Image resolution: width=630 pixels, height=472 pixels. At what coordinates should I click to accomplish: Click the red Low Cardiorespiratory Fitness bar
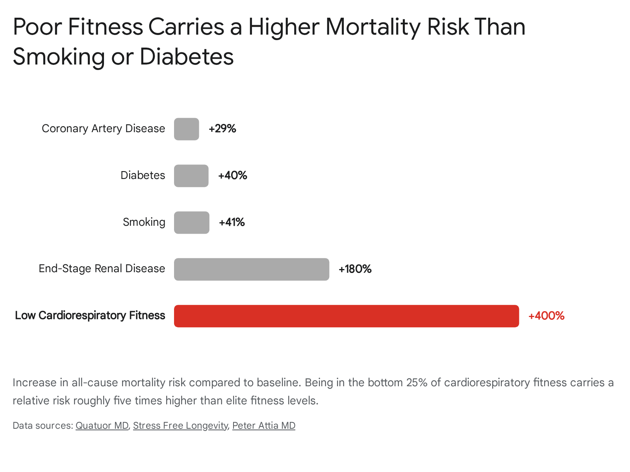[x=346, y=316]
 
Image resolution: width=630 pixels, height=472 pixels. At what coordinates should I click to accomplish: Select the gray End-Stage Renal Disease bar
[x=252, y=269]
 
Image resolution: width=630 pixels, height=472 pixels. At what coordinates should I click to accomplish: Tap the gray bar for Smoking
[x=191, y=222]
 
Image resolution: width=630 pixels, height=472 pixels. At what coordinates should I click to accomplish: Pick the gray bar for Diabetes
[x=191, y=176]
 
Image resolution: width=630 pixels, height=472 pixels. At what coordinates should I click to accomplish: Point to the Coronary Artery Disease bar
[x=186, y=129]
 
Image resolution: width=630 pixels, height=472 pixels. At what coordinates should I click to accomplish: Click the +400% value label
[x=546, y=316]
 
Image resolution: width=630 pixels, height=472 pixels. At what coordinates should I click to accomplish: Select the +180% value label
[x=355, y=269]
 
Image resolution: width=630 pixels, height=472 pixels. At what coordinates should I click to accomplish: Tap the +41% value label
[x=232, y=222]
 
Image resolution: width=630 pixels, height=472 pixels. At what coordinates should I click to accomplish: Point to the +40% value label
[x=232, y=175]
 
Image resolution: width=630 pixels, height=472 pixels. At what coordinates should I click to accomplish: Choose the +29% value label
[x=222, y=129]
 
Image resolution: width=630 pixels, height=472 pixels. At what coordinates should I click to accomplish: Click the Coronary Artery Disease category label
[x=103, y=129]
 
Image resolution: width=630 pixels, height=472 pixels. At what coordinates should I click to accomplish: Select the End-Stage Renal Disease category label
[x=102, y=269]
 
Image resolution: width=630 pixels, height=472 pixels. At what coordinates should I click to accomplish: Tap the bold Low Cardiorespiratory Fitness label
[x=90, y=315]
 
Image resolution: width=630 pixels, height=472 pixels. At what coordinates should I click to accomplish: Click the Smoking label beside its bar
[x=144, y=222]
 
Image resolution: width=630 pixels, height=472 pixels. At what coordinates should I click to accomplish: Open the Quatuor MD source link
[x=102, y=426]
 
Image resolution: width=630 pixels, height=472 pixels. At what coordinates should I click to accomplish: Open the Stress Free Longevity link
[x=180, y=426]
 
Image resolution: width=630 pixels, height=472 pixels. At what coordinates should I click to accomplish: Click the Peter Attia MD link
[x=264, y=426]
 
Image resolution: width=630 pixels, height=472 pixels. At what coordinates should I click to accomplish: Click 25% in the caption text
[x=417, y=383]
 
